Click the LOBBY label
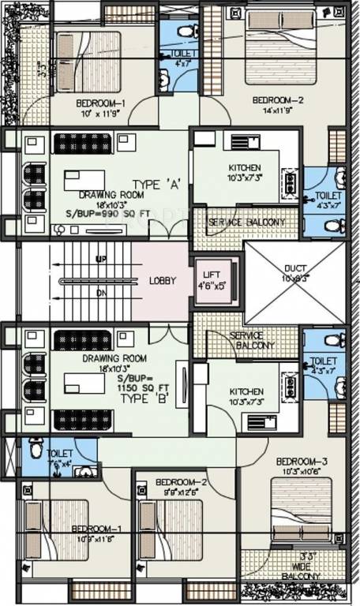[x=161, y=282]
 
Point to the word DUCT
[x=294, y=268]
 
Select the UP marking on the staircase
[x=101, y=259]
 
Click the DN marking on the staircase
[x=101, y=293]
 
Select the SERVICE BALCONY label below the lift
[x=252, y=339]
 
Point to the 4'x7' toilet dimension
[x=182, y=63]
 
